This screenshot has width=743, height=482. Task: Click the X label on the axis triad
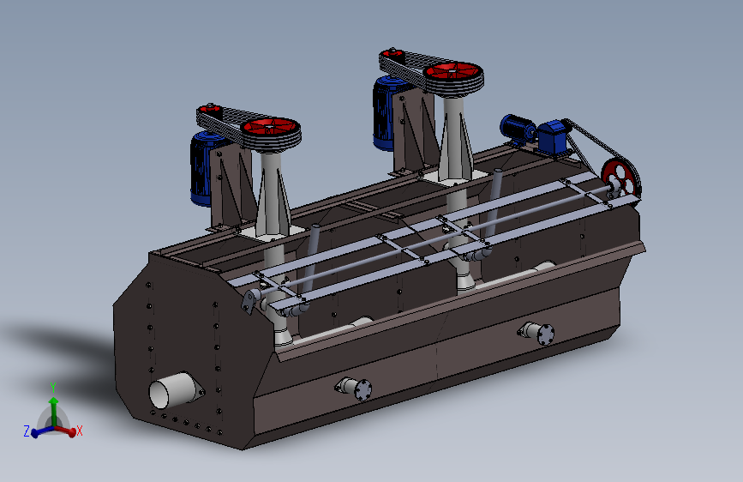click(80, 431)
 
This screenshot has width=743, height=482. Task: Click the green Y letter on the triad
click(53, 388)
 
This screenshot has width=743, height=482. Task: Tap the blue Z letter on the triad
click(27, 431)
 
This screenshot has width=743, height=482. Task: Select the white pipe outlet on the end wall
click(176, 390)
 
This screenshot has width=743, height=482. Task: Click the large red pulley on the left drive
click(270, 129)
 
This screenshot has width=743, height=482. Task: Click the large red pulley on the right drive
click(453, 74)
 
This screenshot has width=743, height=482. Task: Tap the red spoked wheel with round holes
click(620, 179)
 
